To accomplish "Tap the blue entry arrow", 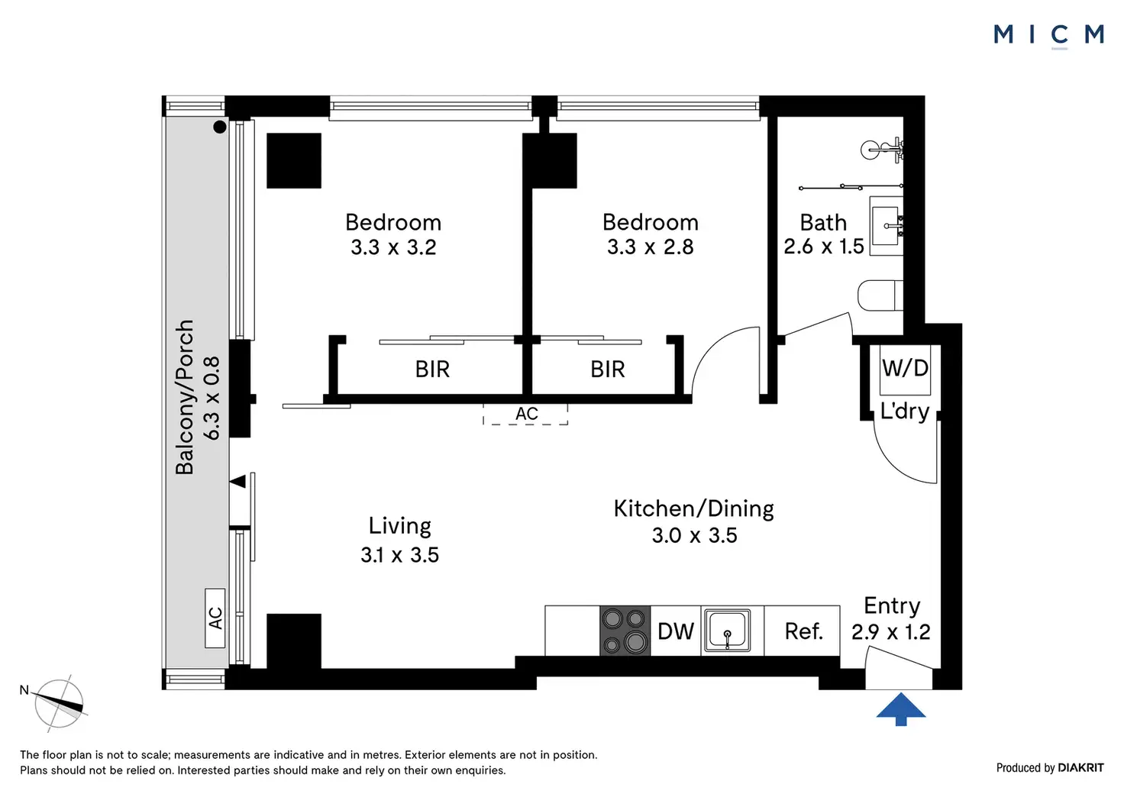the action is point(901,708).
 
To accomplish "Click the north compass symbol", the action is point(58,703).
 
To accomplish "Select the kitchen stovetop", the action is point(625,631).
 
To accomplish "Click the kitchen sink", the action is point(728,631).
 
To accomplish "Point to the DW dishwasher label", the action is point(676,631).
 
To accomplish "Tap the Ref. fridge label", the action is point(804,631).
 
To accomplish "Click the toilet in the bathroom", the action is point(880,295).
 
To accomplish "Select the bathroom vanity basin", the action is point(887,226).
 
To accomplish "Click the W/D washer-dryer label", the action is point(905,368).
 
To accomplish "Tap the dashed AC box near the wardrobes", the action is point(525,415).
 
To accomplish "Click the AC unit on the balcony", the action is point(215,618).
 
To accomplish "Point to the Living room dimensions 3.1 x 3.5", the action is point(400,555).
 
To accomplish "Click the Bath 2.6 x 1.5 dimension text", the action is point(823,247).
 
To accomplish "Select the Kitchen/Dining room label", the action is point(694,508).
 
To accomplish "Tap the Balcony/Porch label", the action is point(185,397).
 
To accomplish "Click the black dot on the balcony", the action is point(220,127).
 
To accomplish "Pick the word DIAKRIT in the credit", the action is point(1080,768).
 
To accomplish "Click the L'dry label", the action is point(905,412).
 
